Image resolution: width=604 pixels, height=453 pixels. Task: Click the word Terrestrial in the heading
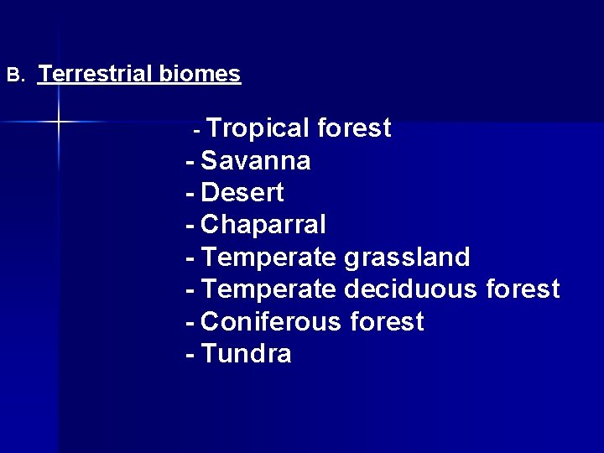pyautogui.click(x=96, y=74)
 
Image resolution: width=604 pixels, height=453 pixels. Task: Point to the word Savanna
pyautogui.click(x=256, y=160)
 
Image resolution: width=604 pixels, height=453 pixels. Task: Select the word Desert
pyautogui.click(x=242, y=193)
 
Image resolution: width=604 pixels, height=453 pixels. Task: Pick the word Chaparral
pyautogui.click(x=263, y=225)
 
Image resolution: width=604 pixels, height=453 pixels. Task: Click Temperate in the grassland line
pyautogui.click(x=269, y=258)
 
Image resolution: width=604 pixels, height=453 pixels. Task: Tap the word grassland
pyautogui.click(x=407, y=258)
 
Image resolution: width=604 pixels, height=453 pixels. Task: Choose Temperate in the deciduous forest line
pyautogui.click(x=269, y=289)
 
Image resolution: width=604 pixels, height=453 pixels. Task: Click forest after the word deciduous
pyautogui.click(x=523, y=289)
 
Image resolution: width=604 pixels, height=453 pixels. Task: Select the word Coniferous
pyautogui.click(x=271, y=322)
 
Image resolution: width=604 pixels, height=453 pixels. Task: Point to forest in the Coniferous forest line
pyautogui.click(x=387, y=322)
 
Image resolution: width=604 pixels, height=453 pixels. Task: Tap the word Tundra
pyautogui.click(x=247, y=354)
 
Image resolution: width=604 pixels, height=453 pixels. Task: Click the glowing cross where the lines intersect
pyautogui.click(x=59, y=122)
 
